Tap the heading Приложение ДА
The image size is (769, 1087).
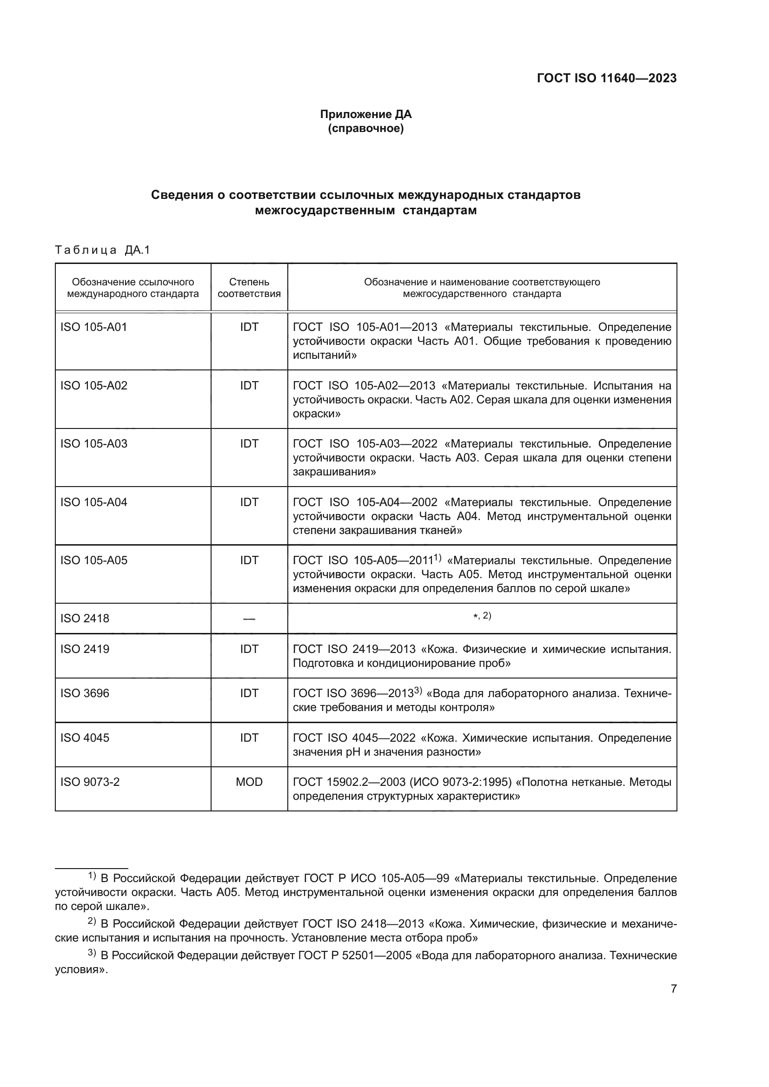(365, 114)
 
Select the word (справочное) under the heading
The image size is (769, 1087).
(365, 128)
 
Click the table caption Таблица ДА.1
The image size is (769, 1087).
(102, 250)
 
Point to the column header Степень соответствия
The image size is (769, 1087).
(249, 287)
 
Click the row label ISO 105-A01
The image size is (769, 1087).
(94, 327)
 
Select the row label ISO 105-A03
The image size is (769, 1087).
(94, 444)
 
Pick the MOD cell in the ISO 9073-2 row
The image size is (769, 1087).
(249, 782)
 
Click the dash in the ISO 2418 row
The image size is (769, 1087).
(249, 619)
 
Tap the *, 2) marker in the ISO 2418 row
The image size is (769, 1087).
(482, 616)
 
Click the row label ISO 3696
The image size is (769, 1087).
(85, 693)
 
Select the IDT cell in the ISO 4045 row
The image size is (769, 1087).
(249, 738)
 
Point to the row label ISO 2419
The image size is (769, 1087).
(85, 649)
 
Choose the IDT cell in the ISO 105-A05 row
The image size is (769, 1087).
(249, 560)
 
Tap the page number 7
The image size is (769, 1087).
(673, 988)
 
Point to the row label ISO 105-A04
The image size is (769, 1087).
(94, 502)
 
